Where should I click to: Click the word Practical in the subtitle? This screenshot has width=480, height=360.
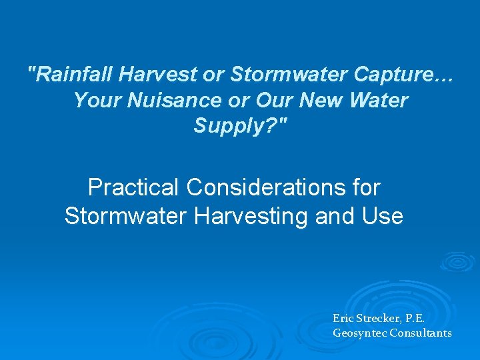tap(133, 188)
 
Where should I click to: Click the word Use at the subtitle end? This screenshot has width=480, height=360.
tap(383, 216)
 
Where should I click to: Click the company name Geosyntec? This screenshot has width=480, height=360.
tap(359, 333)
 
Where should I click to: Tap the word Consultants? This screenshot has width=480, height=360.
tap(421, 333)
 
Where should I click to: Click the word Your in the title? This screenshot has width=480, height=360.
tap(93, 100)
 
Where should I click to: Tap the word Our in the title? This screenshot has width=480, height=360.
tap(277, 100)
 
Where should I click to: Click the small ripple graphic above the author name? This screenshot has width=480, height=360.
tap(457, 262)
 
